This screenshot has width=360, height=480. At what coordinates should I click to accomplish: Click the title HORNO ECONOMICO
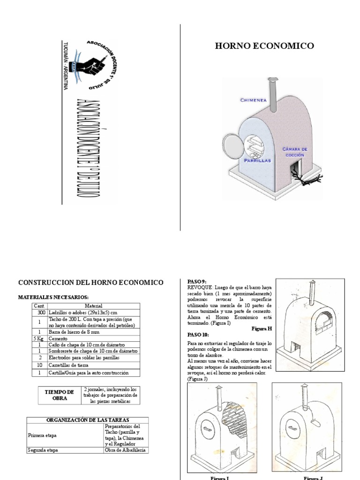click(x=264, y=46)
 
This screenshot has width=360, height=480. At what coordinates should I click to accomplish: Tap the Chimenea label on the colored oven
click(x=254, y=100)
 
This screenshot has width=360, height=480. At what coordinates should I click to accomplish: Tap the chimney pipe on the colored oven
click(x=271, y=90)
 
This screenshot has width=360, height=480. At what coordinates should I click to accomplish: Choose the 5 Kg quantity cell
click(x=39, y=338)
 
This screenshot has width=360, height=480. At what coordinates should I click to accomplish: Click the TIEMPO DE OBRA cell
click(x=60, y=395)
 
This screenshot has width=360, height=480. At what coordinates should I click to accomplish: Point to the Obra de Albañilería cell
click(x=126, y=450)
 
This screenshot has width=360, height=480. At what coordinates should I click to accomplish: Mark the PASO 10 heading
click(x=198, y=335)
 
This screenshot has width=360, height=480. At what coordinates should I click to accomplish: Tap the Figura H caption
click(x=261, y=329)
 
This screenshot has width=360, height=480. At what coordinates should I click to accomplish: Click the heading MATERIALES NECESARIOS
click(x=53, y=297)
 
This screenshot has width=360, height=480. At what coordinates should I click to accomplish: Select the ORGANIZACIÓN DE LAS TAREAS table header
click(x=88, y=420)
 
